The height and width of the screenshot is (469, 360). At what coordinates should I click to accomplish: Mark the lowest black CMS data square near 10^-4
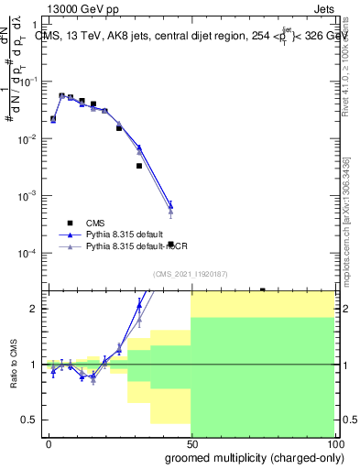(x=171, y=244)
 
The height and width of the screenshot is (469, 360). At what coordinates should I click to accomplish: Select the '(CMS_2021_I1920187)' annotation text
(x=191, y=274)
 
